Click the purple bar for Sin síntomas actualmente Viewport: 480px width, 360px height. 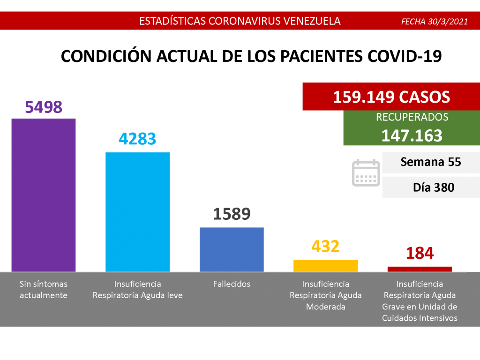(44, 195)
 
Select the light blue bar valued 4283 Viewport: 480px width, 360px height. (137, 212)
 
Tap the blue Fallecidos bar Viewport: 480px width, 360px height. (232, 249)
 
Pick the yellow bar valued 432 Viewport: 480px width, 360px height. (325, 266)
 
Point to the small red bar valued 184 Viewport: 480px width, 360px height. (420, 269)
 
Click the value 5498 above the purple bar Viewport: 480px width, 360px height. (44, 107)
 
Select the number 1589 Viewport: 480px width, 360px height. (232, 214)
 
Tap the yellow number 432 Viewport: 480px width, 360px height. (325, 246)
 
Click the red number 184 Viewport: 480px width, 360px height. (420, 253)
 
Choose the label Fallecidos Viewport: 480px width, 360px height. (232, 284)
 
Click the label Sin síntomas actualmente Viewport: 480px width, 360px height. (44, 290)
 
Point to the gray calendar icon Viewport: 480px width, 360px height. (366, 173)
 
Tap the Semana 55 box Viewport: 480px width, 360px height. (431, 162)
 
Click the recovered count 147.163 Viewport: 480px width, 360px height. (412, 135)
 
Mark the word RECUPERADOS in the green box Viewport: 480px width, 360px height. (412, 118)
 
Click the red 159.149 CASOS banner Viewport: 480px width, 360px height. (391, 97)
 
